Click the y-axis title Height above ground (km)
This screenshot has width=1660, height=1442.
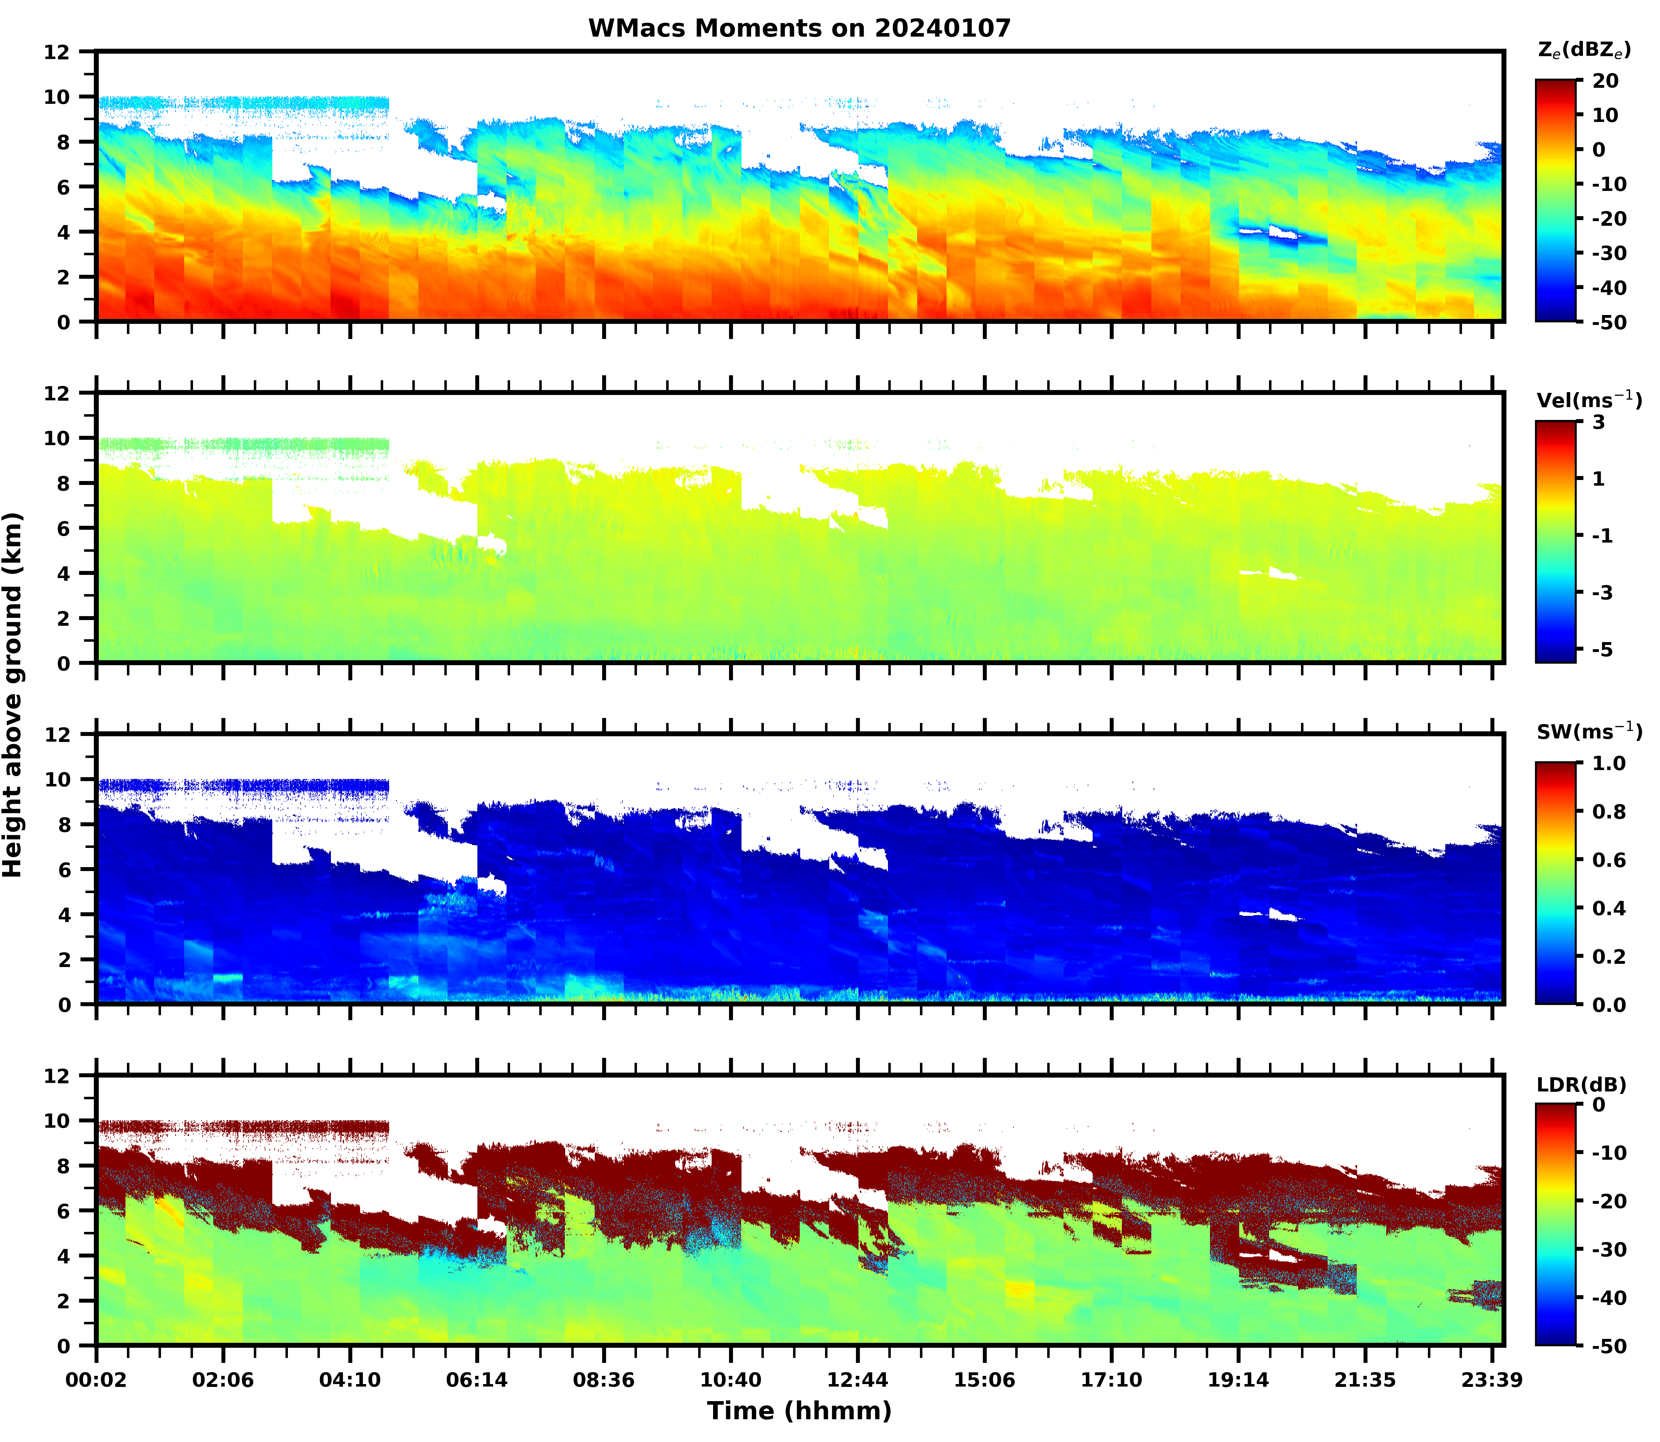pos(13,694)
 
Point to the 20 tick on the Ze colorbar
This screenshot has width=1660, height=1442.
pos(1605,81)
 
